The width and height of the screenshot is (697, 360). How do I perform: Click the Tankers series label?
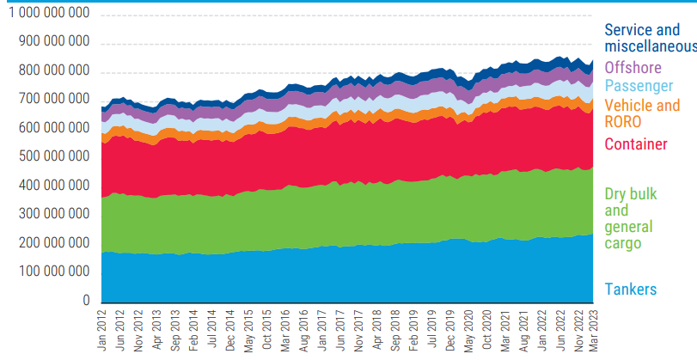pos(631,289)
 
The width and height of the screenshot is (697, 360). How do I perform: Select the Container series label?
pos(636,144)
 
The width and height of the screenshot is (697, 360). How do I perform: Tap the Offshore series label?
pos(634,66)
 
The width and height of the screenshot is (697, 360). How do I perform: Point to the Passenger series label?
pos(639,86)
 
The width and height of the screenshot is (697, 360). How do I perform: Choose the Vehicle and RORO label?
pos(642,113)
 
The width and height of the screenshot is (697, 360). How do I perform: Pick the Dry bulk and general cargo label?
pos(630,219)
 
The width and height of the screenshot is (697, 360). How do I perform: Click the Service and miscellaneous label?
pos(649,37)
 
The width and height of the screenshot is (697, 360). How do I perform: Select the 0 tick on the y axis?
pos(86,301)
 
